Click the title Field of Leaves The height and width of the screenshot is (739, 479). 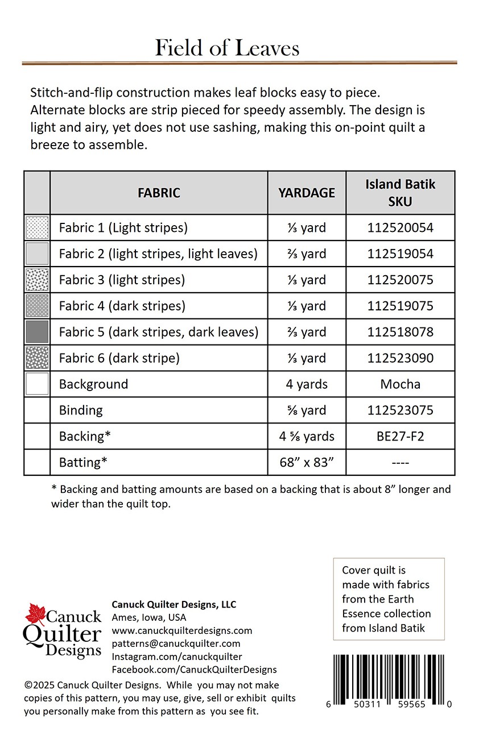(x=227, y=48)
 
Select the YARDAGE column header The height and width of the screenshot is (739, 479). (x=307, y=193)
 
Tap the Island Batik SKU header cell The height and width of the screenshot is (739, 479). (x=400, y=193)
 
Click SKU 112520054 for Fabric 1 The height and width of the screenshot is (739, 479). (x=400, y=228)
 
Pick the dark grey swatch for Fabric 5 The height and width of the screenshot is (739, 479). (x=38, y=332)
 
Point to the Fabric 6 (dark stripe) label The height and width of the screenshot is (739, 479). (x=119, y=358)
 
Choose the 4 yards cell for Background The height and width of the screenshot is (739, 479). (x=307, y=384)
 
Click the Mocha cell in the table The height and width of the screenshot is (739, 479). (x=400, y=384)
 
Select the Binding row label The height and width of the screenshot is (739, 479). (x=81, y=410)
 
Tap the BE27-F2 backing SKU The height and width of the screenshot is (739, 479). (x=400, y=437)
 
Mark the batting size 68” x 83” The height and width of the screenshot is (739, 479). (x=307, y=463)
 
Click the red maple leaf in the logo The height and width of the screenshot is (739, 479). (x=35, y=615)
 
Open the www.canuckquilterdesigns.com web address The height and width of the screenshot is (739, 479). (x=181, y=630)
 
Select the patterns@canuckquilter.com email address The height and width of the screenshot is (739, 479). (x=176, y=643)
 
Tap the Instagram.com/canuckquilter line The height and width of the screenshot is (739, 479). (x=177, y=657)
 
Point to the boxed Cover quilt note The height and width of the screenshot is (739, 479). (x=389, y=599)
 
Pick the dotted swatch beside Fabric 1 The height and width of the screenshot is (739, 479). (x=38, y=227)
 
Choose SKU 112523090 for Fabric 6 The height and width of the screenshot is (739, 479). (x=400, y=358)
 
